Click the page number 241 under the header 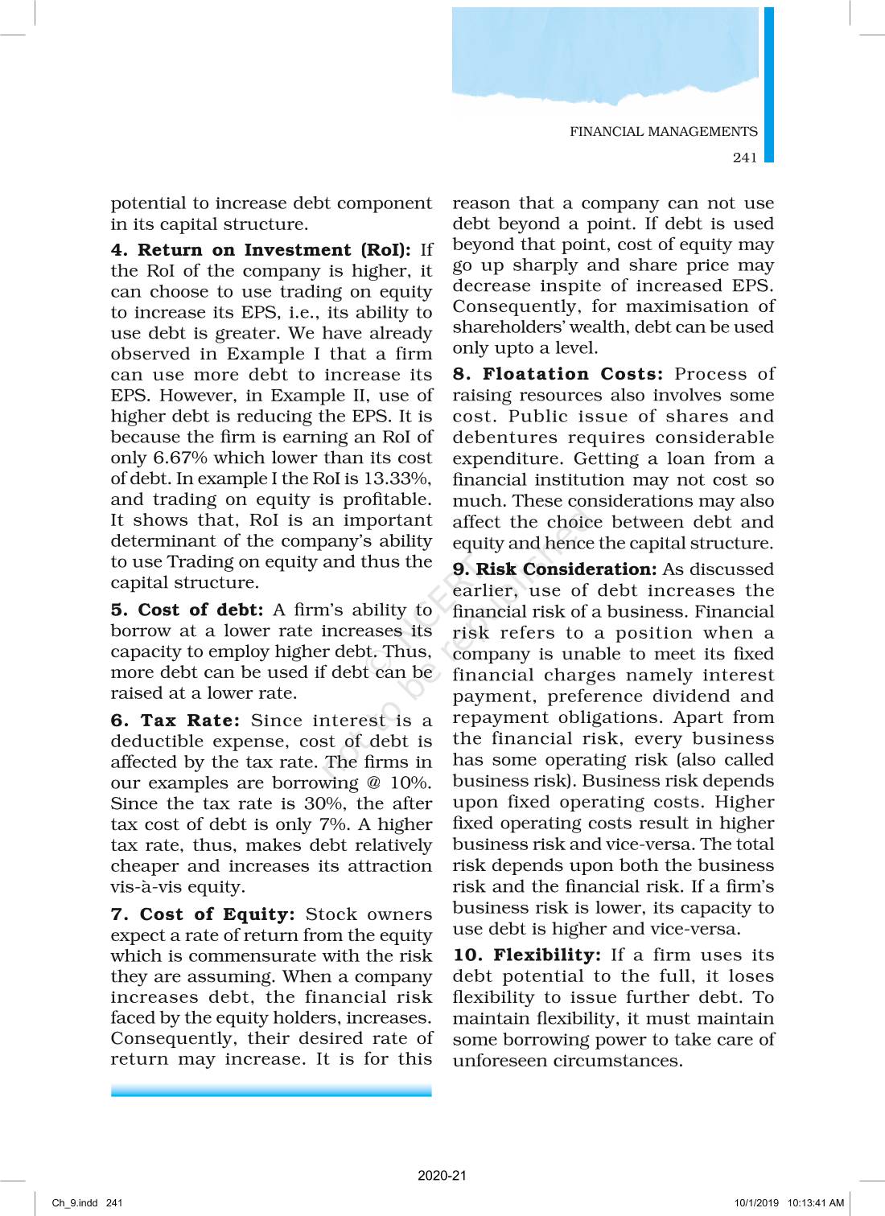click(x=745, y=158)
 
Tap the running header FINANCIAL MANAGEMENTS click(x=664, y=132)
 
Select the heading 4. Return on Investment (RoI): click(x=261, y=250)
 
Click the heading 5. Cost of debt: click(x=187, y=610)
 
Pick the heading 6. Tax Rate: click(x=175, y=721)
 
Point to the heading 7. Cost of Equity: click(x=203, y=914)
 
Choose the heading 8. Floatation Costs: click(x=558, y=374)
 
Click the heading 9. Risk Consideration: click(x=554, y=569)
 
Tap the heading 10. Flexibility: click(x=527, y=955)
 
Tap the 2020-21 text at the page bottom click(x=442, y=1176)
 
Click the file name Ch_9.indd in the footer click(x=74, y=1203)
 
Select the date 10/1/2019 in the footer click(x=756, y=1203)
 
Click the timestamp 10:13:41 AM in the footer click(x=816, y=1203)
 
